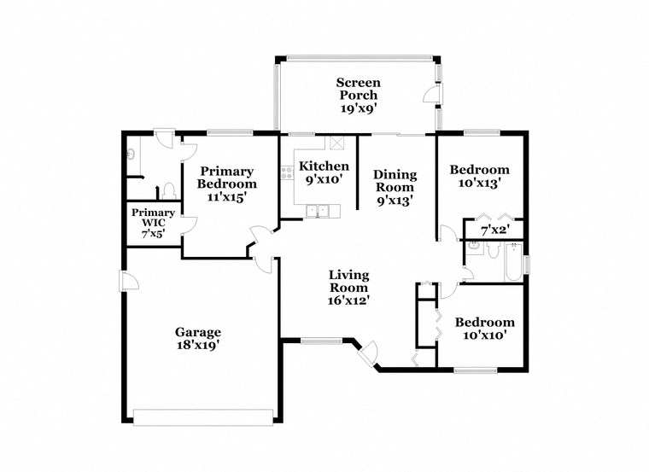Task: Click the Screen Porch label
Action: coord(358,89)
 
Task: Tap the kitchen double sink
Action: coord(317,210)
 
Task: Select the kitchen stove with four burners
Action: coord(285,173)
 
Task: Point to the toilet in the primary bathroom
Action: coord(169,190)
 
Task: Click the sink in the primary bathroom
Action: coord(129,153)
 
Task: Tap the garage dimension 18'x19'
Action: coord(198,346)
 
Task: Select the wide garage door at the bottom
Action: coord(203,417)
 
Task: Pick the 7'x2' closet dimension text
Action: coord(494,230)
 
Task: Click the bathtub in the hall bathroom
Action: coord(512,264)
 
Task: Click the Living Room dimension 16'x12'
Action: coord(349,300)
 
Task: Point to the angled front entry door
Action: coord(369,353)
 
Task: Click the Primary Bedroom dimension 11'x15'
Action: coord(226,196)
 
